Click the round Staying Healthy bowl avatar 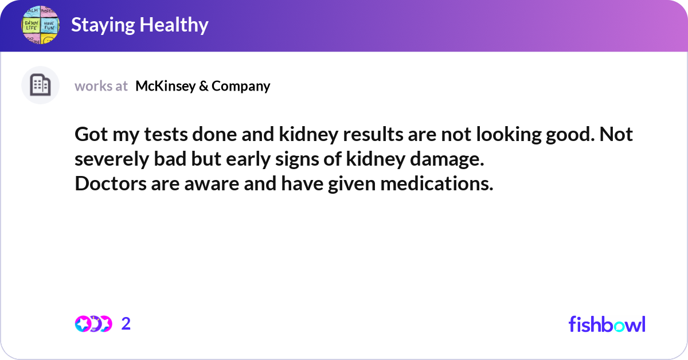(x=41, y=25)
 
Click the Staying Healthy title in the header (x=139, y=25)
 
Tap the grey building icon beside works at (x=40, y=85)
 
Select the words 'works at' (x=101, y=86)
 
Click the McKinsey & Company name (x=202, y=86)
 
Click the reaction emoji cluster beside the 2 (x=93, y=324)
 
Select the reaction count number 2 (x=126, y=324)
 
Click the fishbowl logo (x=607, y=324)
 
